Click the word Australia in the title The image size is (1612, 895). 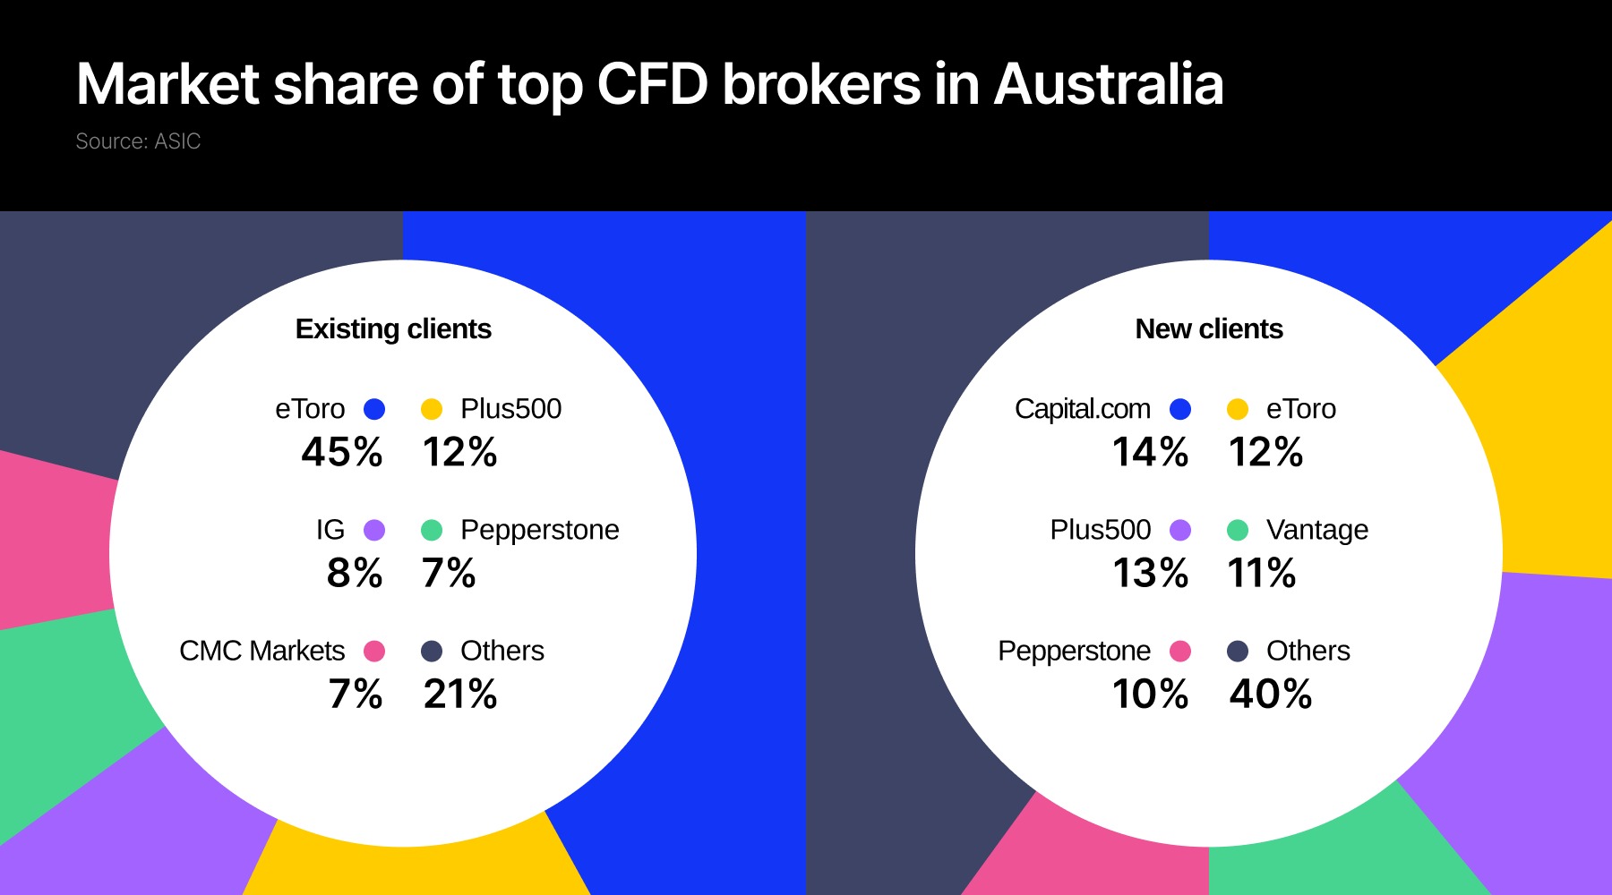(x=1108, y=85)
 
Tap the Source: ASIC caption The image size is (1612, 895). (x=138, y=141)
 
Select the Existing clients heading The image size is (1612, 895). (x=393, y=329)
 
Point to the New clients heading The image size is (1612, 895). (x=1209, y=329)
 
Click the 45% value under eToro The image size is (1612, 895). (x=342, y=452)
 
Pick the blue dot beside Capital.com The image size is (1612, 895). (x=1180, y=409)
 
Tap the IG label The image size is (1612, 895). (x=330, y=530)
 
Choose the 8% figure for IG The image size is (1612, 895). (x=355, y=573)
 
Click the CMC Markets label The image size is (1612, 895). (x=262, y=651)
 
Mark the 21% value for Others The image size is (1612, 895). (x=460, y=694)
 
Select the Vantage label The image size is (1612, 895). (x=1316, y=530)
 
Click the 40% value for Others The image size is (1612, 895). (x=1270, y=694)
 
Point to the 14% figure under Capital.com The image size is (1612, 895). (x=1150, y=452)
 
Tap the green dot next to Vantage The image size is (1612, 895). (x=1238, y=530)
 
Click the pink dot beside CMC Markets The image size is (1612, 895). (x=374, y=651)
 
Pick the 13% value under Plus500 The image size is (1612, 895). (x=1150, y=573)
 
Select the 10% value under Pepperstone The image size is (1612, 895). (x=1150, y=694)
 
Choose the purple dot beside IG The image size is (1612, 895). (x=374, y=530)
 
